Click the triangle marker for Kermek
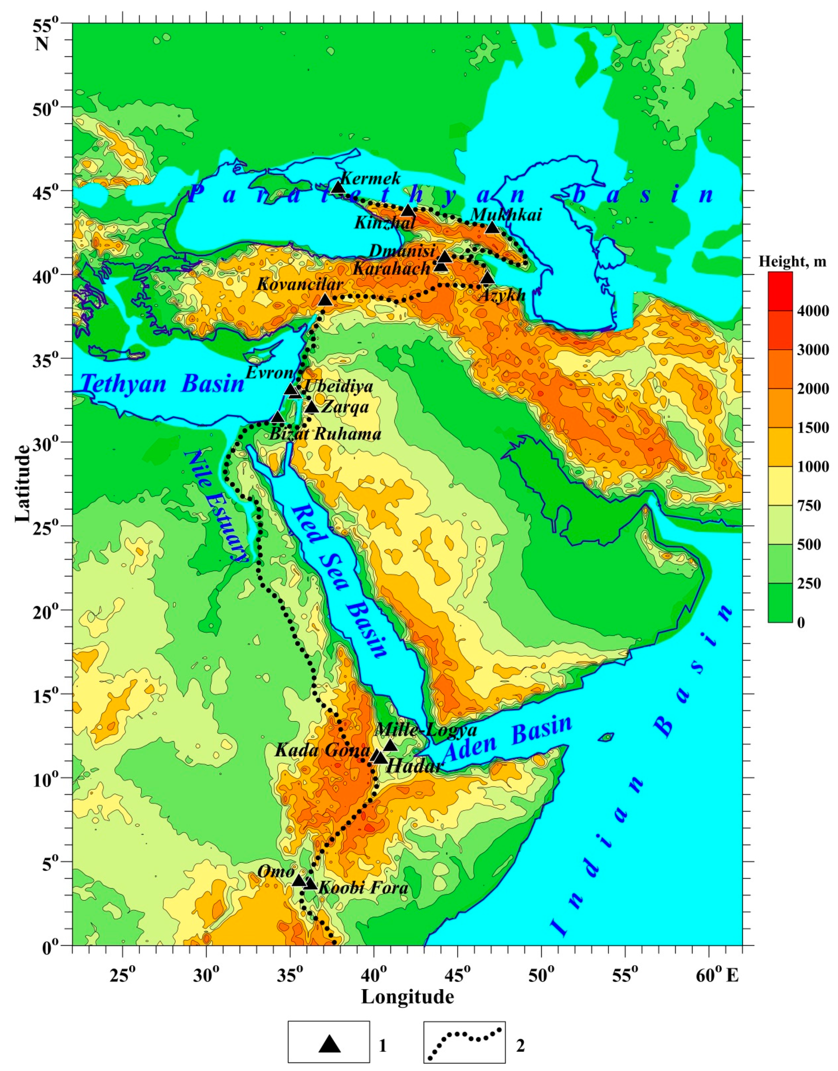tap(339, 187)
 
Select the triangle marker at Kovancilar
tap(325, 300)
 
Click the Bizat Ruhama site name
tap(325, 434)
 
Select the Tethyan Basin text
tap(162, 383)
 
